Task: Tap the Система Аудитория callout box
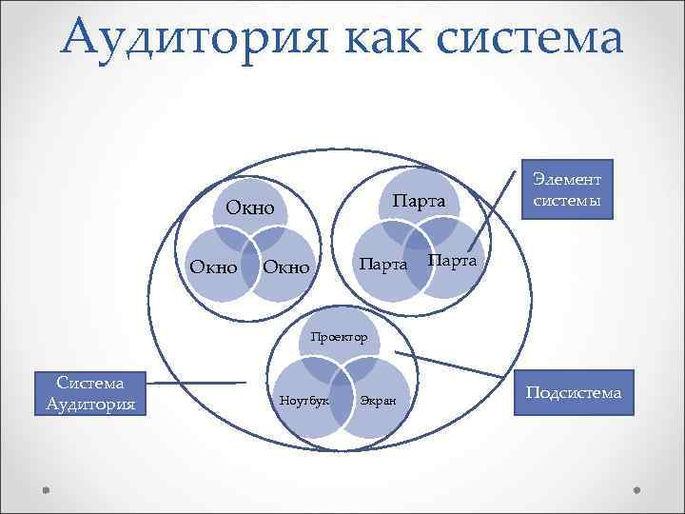(91, 394)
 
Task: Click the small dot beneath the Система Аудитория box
(47, 489)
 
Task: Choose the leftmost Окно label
(213, 268)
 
